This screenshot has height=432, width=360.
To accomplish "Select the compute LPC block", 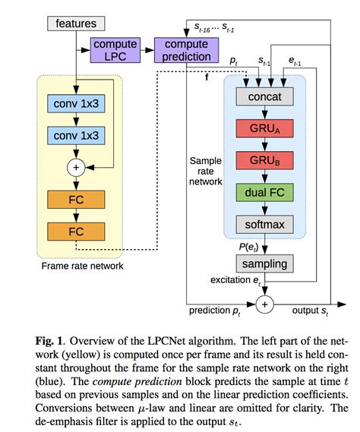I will (x=115, y=50).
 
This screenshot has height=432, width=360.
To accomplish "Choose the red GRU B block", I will (x=264, y=160).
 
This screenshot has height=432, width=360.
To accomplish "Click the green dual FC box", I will (x=264, y=192).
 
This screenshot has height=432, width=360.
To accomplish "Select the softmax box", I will (x=264, y=224).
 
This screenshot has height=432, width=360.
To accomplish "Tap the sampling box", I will (x=264, y=263).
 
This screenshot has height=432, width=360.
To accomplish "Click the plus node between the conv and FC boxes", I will (x=76, y=167).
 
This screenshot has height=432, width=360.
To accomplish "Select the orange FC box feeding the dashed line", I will (x=76, y=230).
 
